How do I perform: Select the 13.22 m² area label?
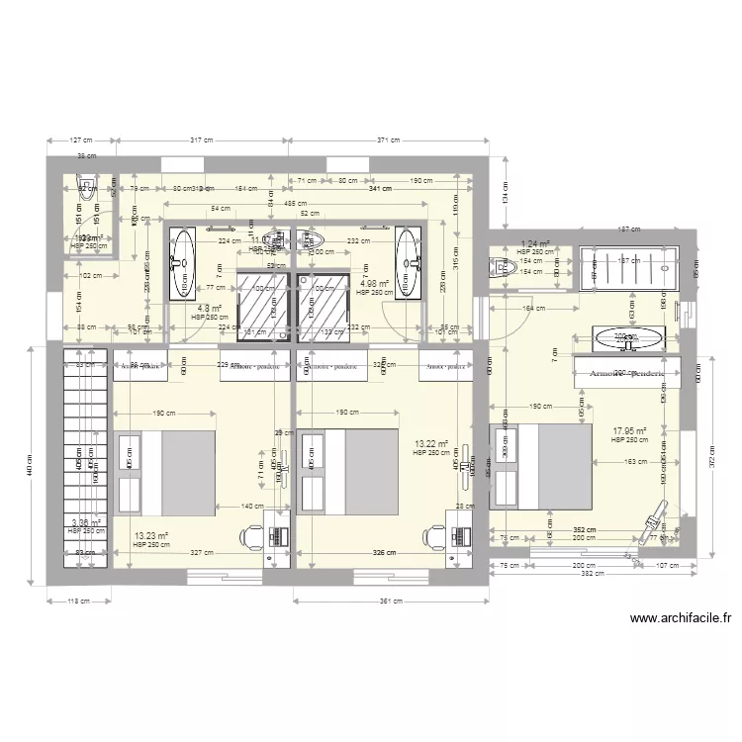(432, 444)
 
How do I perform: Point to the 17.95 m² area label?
(629, 431)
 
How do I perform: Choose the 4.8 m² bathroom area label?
(209, 309)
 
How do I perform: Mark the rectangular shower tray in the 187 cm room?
(628, 267)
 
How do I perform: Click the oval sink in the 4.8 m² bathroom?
(182, 262)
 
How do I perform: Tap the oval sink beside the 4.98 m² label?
(408, 262)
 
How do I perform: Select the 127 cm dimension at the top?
(80, 140)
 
